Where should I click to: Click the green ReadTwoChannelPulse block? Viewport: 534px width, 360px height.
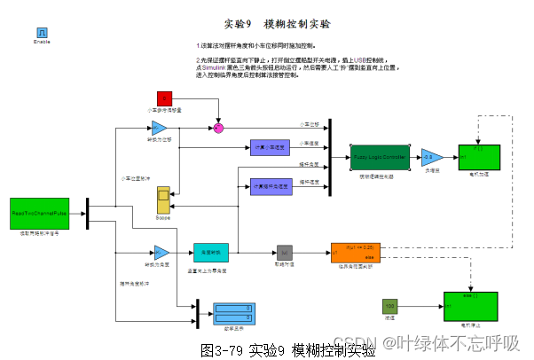(x=39, y=214)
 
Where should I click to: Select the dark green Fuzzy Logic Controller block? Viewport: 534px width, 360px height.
(x=380, y=157)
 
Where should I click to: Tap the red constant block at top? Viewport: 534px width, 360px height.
(x=164, y=98)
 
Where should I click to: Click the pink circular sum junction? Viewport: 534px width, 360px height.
(x=218, y=129)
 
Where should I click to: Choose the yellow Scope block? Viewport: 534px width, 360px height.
(x=163, y=200)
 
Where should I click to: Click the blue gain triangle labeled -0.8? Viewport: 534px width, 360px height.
(x=431, y=157)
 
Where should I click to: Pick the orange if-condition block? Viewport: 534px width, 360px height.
(x=355, y=253)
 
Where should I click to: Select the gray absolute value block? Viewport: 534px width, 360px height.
(x=284, y=253)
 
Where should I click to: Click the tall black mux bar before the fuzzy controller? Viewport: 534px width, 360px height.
(x=329, y=157)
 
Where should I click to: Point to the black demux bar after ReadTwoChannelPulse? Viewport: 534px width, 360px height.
(x=87, y=214)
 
